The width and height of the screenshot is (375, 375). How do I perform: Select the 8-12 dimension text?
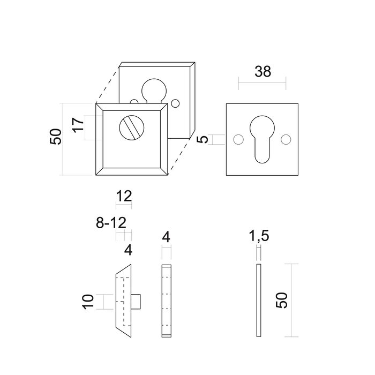pos(112,223)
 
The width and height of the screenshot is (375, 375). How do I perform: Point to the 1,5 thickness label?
pos(258,237)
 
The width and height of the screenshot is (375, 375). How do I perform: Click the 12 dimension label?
pos(124,196)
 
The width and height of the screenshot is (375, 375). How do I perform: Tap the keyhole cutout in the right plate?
pos(261,138)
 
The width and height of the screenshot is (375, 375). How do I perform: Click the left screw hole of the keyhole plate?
pos(238,139)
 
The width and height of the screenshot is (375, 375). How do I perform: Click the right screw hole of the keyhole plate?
pos(286,139)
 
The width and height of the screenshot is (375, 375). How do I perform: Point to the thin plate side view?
pos(258,299)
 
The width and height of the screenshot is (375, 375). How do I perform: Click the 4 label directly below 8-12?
pos(127,250)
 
